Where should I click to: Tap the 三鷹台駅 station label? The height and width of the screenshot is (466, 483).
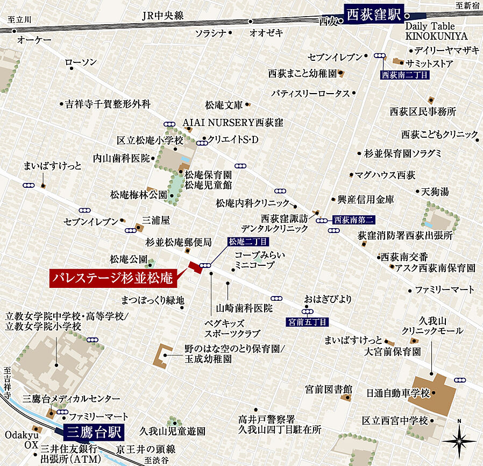point(94,432)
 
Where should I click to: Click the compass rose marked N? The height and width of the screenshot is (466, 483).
point(459,439)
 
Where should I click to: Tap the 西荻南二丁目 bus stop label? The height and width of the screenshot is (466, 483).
point(404,75)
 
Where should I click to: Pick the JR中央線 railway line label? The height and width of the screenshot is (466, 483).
point(163,16)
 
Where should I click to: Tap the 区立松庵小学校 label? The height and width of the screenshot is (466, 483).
point(150,141)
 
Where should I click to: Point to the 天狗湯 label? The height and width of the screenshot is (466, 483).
point(435,192)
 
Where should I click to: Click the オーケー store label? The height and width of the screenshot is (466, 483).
point(34,40)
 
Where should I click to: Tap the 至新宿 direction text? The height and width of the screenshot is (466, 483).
point(466,5)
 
